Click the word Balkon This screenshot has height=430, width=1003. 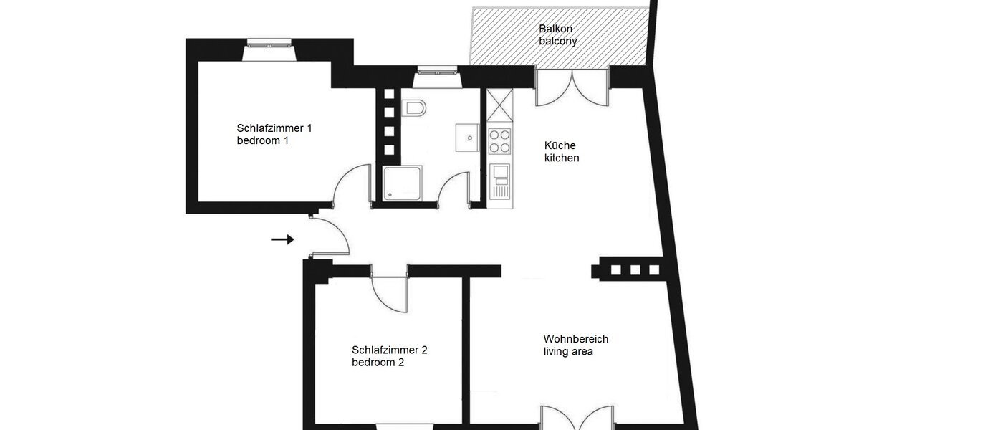coord(556,29)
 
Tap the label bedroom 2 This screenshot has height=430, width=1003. coord(378,363)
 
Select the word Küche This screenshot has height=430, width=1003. coord(560,145)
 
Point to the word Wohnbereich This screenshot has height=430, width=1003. coord(575,339)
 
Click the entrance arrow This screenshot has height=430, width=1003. coord(282,239)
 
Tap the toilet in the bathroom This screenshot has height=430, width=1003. coord(414,108)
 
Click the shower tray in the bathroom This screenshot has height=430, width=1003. coord(402,183)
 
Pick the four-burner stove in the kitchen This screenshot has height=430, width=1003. coord(499,141)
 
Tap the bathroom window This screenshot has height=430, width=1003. coord(435,70)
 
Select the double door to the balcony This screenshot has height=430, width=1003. coord(572,85)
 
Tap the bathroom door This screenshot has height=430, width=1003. coord(453,190)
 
